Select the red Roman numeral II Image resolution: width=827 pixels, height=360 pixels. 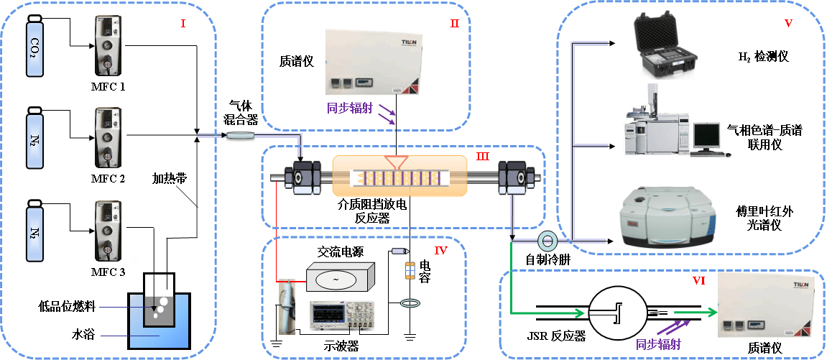pyautogui.click(x=454, y=24)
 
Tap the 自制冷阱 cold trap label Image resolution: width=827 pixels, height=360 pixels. pyautogui.click(x=548, y=259)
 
